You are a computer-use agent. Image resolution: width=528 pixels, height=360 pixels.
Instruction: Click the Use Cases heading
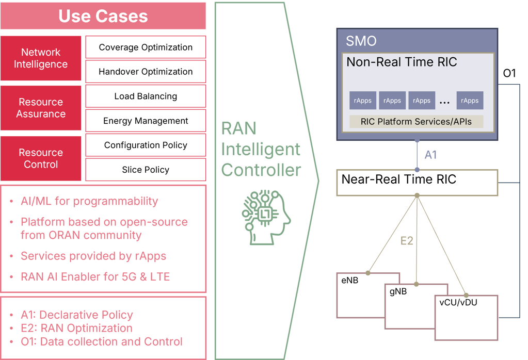coord(103,16)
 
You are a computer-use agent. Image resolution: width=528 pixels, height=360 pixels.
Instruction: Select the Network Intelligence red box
coord(41,58)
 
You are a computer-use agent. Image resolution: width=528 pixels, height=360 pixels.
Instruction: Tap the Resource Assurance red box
coord(41,108)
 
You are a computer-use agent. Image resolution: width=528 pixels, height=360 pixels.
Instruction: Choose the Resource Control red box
coord(41,158)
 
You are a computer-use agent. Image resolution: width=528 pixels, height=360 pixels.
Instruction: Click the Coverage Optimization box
coord(146,47)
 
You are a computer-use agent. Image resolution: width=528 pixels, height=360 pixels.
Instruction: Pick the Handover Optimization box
coord(146,72)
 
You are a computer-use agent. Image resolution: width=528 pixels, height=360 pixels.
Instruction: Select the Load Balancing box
coord(146,96)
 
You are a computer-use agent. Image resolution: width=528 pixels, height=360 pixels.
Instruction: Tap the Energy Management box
coord(146,121)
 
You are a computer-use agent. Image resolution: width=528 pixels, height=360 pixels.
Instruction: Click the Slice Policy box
coord(146,170)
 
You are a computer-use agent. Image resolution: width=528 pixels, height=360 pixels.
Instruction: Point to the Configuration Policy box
coord(146,145)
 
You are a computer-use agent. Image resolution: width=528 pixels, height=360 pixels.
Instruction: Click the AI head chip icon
coord(266,217)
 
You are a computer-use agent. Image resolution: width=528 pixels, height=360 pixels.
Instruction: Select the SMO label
coord(361,41)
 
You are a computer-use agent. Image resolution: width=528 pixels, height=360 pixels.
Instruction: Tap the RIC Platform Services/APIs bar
coord(416,121)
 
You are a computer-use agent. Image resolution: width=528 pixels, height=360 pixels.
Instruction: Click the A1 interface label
coord(430,155)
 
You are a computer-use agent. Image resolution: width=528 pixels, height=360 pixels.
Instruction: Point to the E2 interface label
coord(407,241)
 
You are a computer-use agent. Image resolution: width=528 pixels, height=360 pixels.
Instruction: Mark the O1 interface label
coord(509,73)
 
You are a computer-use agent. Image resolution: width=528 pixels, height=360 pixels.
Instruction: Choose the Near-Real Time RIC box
coord(417,183)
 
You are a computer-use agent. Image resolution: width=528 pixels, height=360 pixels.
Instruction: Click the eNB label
coord(350,280)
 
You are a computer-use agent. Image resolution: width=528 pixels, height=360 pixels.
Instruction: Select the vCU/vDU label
coord(458,302)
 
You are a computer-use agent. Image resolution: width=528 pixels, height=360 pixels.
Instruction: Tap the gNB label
coord(398,291)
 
